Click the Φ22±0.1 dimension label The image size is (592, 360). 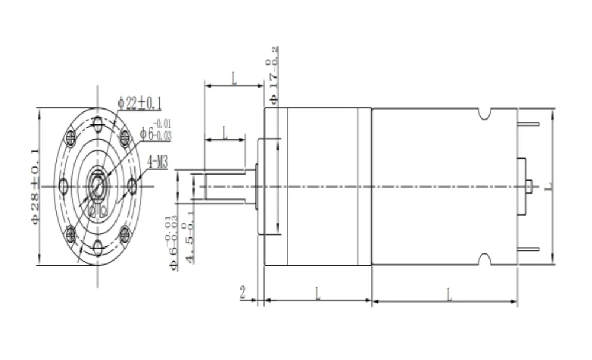[x=140, y=103]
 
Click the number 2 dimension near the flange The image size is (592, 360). [x=243, y=293]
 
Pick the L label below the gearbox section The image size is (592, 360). [x=318, y=292]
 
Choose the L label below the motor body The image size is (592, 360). [x=449, y=292]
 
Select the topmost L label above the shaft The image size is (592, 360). [x=234, y=78]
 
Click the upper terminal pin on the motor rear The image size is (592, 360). [x=529, y=124]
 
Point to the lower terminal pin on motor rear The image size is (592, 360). [x=529, y=249]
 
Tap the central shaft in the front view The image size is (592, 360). [x=98, y=185]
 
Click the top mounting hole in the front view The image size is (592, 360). [x=98, y=124]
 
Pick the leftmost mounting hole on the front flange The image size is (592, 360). [x=63, y=187]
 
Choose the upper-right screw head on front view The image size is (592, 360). [x=125, y=138]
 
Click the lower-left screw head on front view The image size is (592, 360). [x=71, y=233]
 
